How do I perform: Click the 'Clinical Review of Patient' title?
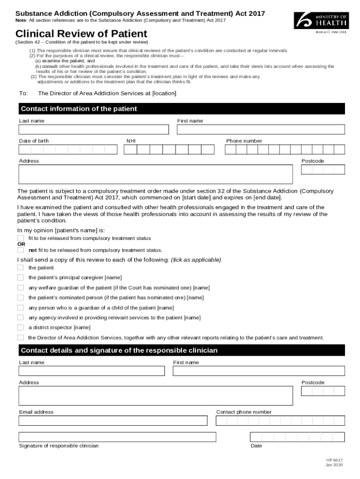coord(81,34)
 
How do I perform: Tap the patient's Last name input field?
coord(94,130)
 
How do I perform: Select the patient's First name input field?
coord(260,130)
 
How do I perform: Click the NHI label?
coord(131,141)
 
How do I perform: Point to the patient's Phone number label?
coord(244,141)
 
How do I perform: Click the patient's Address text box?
coord(156,174)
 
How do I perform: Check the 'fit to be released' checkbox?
coord(21,238)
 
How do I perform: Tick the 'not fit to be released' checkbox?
coord(21,250)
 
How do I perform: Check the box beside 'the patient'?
coord(21,268)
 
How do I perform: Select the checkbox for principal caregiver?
coord(21,277)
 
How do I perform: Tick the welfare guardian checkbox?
coord(21,288)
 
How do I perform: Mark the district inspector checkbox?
coord(21,327)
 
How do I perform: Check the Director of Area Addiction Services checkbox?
coord(21,337)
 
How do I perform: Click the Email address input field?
coord(113,421)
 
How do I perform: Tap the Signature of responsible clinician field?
coord(117,437)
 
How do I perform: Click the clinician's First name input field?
coord(259,371)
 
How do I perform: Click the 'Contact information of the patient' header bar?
coord(181,109)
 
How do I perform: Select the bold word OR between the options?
coord(22,244)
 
